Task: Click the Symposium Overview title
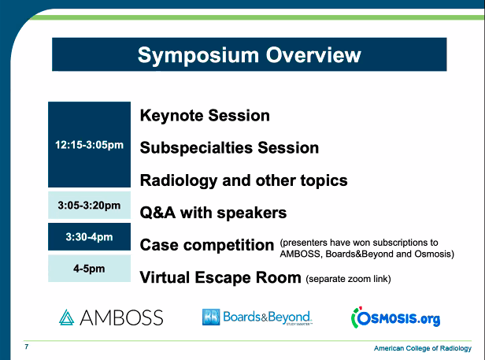coord(249,55)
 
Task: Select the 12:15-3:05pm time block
coord(89,145)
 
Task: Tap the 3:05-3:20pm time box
coord(89,206)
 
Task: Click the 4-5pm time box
coord(89,269)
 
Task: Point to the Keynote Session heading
coord(205,116)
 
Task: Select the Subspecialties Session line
coord(229,148)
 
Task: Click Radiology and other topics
coord(243,180)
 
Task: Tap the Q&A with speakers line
coord(213,213)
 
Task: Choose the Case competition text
coord(206,245)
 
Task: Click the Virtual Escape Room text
coord(220,277)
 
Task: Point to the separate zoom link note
coord(348,279)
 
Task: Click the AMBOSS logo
coord(111,317)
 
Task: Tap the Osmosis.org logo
coord(394,317)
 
